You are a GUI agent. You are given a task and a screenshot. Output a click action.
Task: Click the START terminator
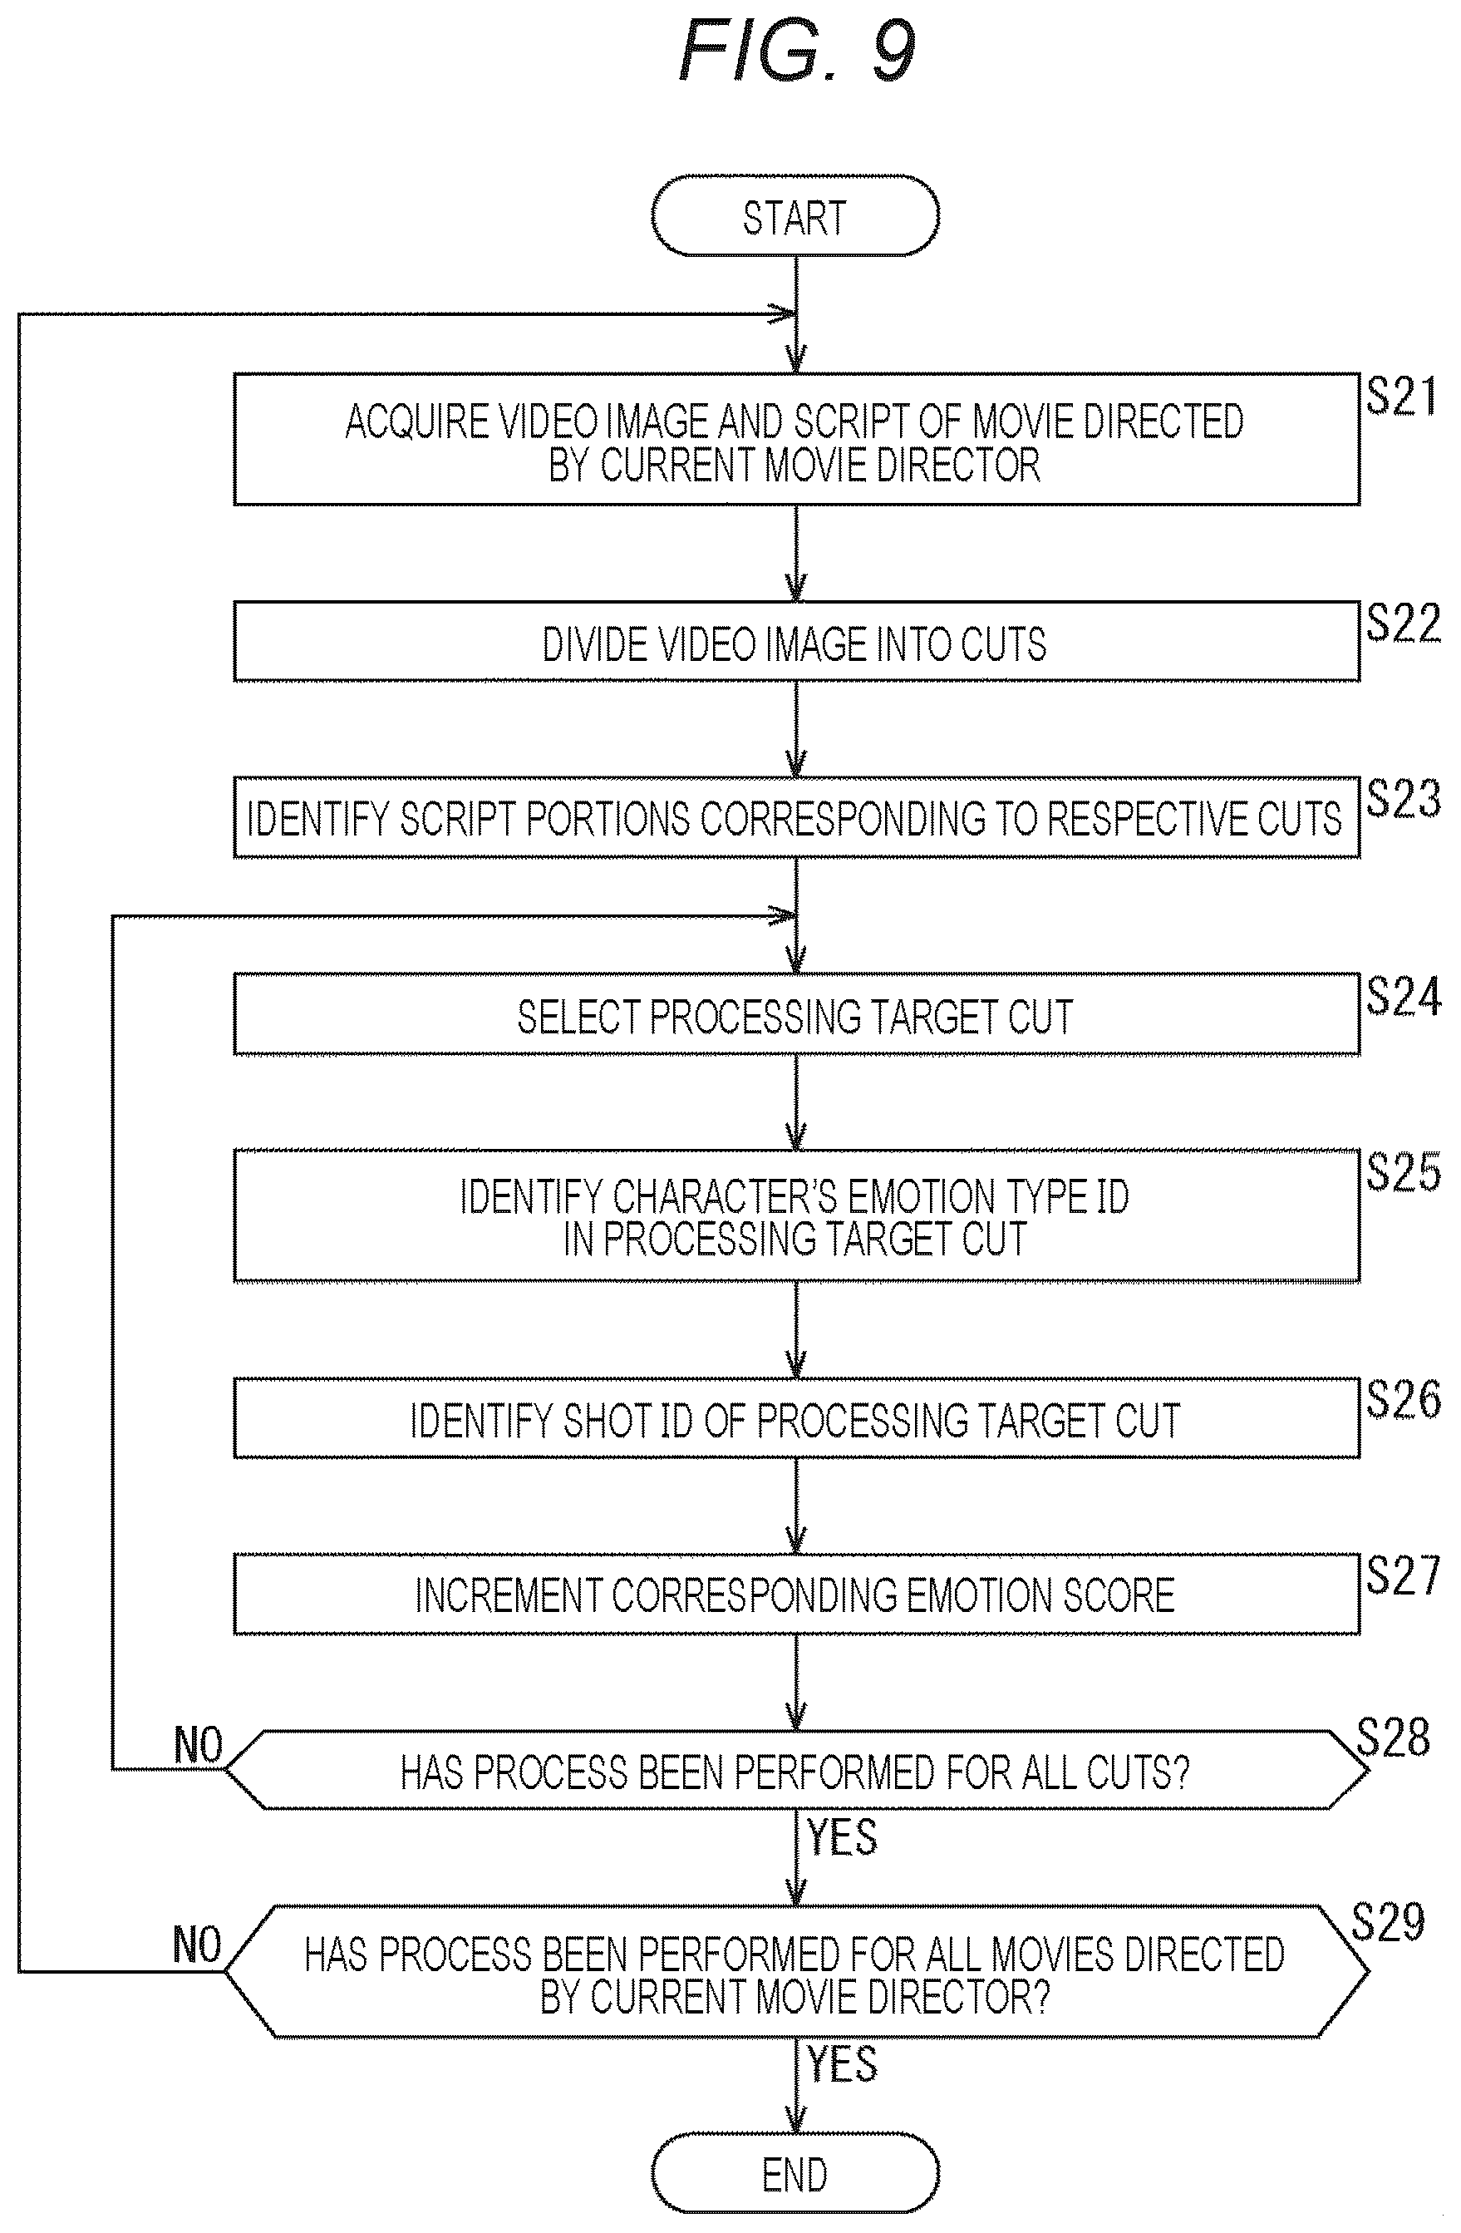[795, 216]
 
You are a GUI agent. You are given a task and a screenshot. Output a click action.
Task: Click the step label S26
[1403, 1399]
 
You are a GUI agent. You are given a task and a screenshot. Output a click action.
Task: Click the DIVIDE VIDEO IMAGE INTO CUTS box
[796, 642]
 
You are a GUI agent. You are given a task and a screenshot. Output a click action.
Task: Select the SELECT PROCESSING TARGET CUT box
[796, 1014]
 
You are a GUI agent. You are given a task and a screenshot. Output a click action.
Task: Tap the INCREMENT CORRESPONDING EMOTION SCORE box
[796, 1594]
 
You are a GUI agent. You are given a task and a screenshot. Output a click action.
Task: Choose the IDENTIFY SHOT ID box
[796, 1417]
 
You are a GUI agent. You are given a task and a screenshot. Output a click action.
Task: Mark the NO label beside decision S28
[198, 1746]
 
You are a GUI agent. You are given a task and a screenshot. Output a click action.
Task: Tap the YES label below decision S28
[842, 1836]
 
